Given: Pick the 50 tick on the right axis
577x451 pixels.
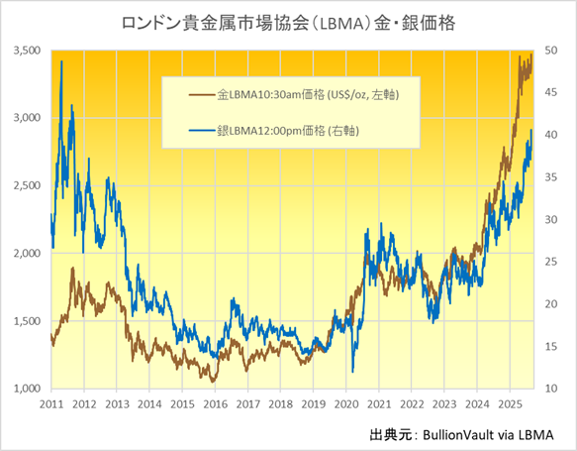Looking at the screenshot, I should [552, 50].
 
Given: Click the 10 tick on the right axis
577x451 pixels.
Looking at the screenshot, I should [552, 389].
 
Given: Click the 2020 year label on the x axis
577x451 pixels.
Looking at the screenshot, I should [345, 405].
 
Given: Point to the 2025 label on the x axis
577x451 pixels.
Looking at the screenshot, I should [509, 405].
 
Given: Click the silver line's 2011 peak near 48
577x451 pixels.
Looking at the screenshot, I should [62, 61].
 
